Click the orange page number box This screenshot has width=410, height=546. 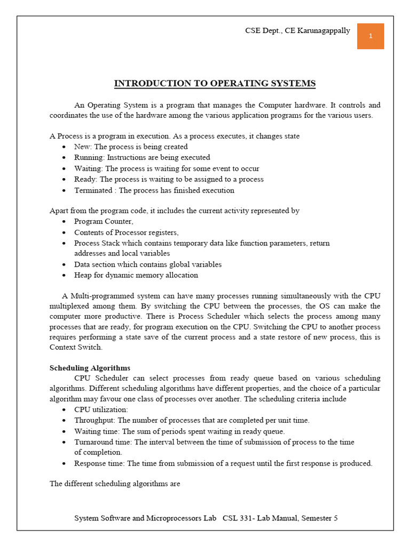coord(370,36)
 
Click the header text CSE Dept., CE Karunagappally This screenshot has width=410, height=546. coord(297,30)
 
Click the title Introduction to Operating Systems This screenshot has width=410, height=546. coord(215,84)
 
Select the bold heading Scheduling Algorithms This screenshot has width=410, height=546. coord(90,368)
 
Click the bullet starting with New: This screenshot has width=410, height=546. coord(131,147)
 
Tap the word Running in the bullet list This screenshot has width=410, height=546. coord(89,157)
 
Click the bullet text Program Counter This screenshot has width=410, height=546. coord(104,221)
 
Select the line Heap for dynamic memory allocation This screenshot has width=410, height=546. coord(136,275)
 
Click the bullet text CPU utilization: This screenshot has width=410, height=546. coord(101,409)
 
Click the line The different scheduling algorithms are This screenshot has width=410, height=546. coord(115,484)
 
